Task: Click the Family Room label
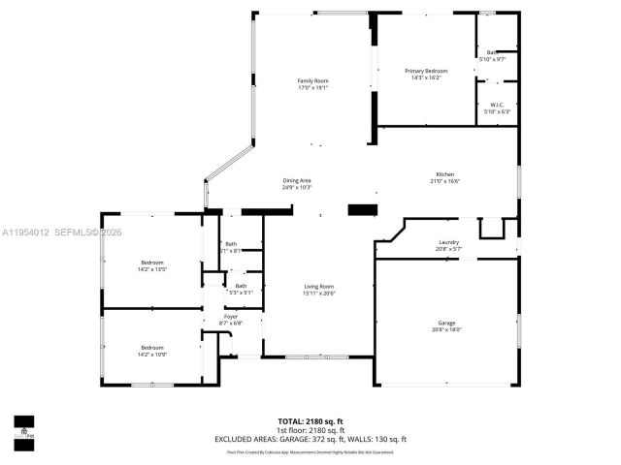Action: coord(312,80)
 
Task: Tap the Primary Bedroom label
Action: coord(426,71)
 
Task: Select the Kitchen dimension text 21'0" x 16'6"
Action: coord(445,181)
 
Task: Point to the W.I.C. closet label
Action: coord(496,105)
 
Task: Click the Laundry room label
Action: coord(447,242)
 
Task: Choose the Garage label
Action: coord(446,323)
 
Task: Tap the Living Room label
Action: coord(318,286)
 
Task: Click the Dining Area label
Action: coord(296,180)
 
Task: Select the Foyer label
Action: coord(231,316)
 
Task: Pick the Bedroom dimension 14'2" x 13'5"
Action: coord(152,269)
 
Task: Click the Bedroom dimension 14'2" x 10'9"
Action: coord(152,354)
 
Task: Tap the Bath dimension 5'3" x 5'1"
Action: coord(240,293)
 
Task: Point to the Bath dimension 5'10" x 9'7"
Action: coord(493,60)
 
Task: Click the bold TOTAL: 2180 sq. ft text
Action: coord(310,421)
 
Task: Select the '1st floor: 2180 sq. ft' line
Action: coord(310,430)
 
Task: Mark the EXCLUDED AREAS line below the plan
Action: coord(310,439)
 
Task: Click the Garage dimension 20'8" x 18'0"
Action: coord(446,330)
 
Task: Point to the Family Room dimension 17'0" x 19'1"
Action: coord(312,88)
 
